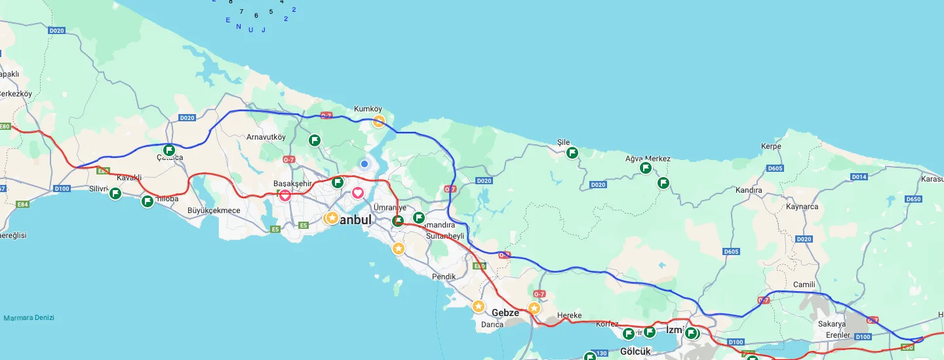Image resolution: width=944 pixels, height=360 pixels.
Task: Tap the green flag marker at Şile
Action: pos(572,153)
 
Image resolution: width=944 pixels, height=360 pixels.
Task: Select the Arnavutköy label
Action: pos(266,137)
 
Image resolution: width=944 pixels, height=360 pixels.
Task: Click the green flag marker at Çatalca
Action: pos(169,150)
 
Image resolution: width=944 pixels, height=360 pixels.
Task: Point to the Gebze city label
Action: pos(505,313)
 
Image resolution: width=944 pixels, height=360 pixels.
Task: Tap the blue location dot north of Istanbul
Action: pos(364,163)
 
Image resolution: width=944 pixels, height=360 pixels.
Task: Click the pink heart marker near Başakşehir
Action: pos(285,195)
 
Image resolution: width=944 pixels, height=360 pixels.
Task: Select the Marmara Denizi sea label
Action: pos(29,318)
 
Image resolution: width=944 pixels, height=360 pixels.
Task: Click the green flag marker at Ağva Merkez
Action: pos(646,168)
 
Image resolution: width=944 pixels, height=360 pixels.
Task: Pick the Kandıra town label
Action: pos(749,190)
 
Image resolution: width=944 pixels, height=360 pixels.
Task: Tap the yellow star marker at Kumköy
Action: pos(379,121)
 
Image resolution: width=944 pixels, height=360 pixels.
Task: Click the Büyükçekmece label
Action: pos(214,210)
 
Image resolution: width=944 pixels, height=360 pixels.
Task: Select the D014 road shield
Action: pos(859,177)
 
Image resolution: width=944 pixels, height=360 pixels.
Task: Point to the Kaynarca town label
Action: pos(802,207)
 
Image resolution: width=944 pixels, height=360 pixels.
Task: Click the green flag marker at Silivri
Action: pos(115,193)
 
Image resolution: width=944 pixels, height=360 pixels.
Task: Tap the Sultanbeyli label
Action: pos(445,235)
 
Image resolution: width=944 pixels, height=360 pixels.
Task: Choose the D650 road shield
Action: pos(913,199)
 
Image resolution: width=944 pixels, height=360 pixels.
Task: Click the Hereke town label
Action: pos(569,315)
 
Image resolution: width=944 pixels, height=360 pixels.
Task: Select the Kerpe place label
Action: pos(771,146)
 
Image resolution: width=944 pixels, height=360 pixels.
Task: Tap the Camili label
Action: pos(804,285)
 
